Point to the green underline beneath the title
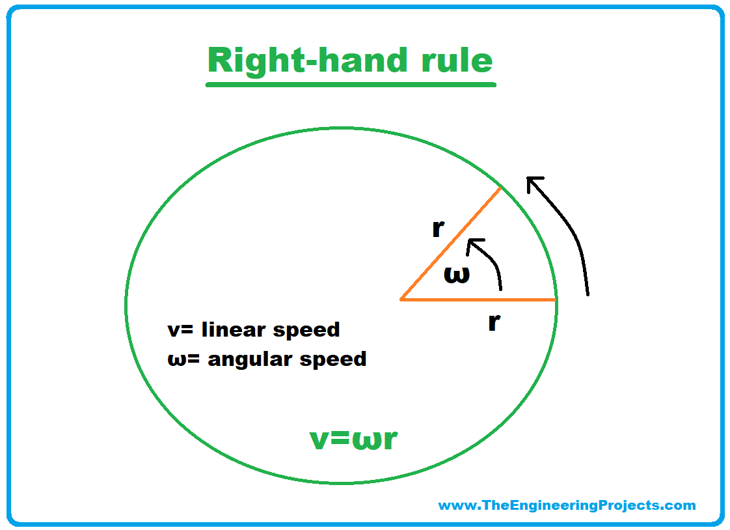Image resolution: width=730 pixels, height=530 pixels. pos(351,84)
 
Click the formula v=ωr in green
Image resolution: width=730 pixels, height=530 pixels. pos(353,439)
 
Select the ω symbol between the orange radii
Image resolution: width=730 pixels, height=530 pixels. pos(456,275)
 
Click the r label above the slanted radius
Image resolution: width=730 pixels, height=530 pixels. pos(438,229)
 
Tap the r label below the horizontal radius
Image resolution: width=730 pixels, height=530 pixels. pos(494,322)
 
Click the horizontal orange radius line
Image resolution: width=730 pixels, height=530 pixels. pos(478,300)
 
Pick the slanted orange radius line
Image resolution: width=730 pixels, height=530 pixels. pos(451,244)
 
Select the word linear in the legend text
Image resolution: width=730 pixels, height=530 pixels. pos(234,329)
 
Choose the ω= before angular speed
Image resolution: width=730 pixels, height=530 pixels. pos(183,359)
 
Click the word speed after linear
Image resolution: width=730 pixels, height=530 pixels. pos(306,330)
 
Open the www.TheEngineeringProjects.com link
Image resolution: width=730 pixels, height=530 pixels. pos(567,505)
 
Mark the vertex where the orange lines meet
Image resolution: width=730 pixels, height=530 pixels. pos(401,300)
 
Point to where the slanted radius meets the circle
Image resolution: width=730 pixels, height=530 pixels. pos(500,188)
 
